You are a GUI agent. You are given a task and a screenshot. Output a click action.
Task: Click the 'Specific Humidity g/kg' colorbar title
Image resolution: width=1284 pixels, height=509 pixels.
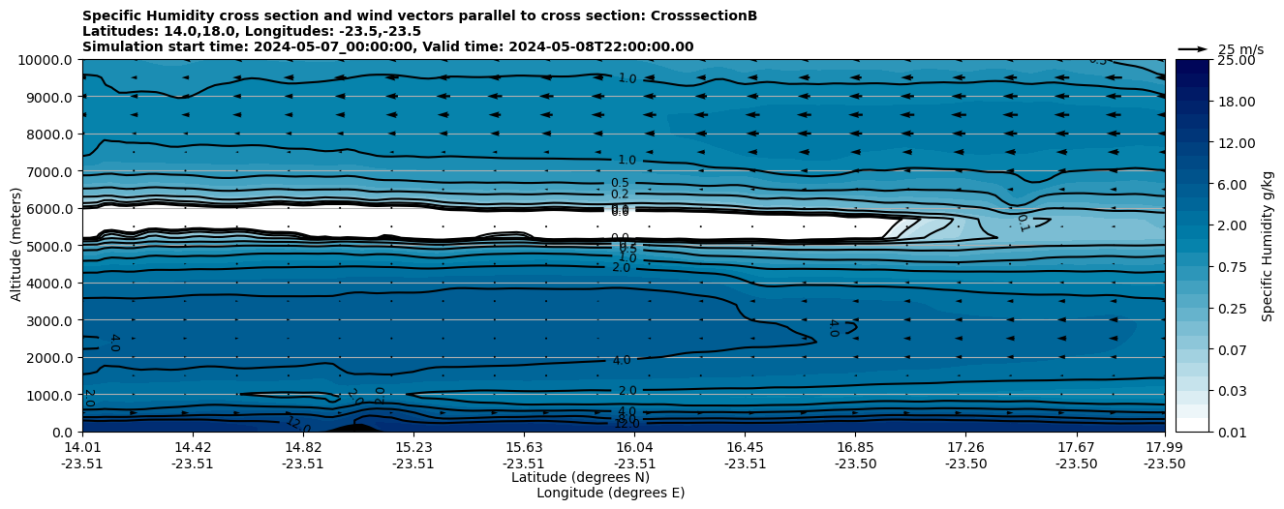click(x=1268, y=246)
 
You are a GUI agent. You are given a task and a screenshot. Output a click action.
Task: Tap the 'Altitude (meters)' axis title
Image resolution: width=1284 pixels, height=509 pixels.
click(x=16, y=246)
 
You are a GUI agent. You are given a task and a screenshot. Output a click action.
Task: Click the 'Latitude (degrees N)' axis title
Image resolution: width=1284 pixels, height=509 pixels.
click(x=580, y=477)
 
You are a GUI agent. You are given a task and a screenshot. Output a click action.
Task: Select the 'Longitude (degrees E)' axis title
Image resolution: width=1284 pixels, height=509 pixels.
click(x=610, y=493)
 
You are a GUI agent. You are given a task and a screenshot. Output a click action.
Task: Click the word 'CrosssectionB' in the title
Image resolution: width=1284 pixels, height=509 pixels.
click(x=702, y=15)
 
